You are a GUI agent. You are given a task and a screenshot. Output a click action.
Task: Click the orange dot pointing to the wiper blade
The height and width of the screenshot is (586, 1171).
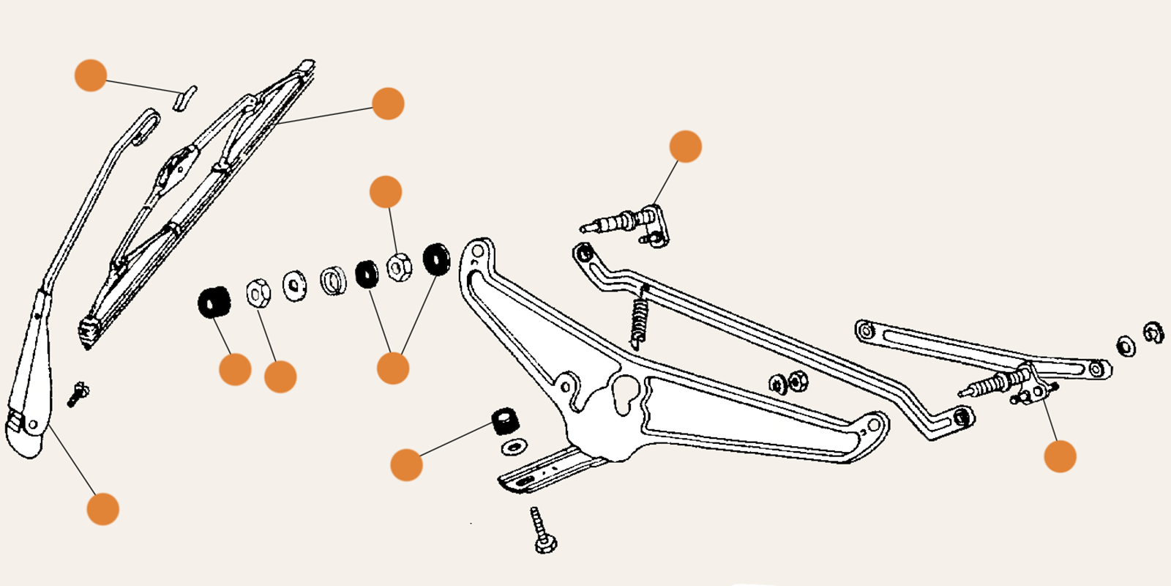[x=388, y=103]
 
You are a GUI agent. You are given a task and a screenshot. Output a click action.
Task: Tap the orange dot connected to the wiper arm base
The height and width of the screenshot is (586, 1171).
[x=102, y=509]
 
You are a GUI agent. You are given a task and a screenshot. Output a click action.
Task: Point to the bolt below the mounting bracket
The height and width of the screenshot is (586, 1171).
[x=542, y=531]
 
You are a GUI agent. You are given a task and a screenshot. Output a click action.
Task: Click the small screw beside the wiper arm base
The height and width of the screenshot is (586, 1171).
[x=77, y=394]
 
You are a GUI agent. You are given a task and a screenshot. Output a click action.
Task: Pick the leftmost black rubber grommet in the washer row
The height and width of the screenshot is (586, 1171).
[x=214, y=302]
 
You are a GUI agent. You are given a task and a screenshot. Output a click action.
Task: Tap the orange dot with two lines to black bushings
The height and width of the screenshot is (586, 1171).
[x=393, y=368]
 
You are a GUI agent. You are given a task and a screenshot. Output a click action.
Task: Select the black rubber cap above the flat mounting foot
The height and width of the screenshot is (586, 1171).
[x=505, y=421]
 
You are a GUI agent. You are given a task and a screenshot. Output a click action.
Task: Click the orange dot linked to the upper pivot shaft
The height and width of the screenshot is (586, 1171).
[x=685, y=146]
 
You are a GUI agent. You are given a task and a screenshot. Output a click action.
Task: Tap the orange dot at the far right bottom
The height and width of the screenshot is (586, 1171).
[x=1060, y=456]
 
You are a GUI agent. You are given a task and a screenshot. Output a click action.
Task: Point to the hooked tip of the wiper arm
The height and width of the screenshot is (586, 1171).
[x=148, y=125]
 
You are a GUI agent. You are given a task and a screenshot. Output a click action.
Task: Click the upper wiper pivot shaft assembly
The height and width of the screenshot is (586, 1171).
[x=629, y=221]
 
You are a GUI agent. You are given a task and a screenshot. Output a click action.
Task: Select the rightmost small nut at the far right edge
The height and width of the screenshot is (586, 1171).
[x=1153, y=333]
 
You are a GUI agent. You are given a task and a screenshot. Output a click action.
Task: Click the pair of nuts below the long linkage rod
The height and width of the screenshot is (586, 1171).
[x=788, y=382]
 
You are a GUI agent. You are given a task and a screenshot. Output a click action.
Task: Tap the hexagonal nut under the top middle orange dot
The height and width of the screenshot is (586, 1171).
[x=398, y=267]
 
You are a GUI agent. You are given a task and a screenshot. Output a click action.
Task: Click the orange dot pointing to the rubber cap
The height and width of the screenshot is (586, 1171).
[x=406, y=465]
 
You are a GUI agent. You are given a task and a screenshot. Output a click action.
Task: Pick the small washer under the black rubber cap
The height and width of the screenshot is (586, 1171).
[x=514, y=446]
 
